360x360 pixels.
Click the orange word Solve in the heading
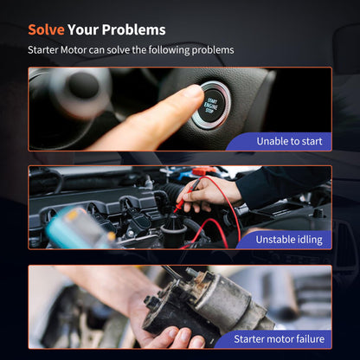(46, 29)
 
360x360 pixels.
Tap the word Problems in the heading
(133, 29)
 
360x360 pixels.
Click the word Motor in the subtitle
(74, 50)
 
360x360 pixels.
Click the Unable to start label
(289, 141)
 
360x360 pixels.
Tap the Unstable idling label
(289, 240)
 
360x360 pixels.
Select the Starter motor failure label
(279, 339)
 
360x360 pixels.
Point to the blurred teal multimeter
(78, 228)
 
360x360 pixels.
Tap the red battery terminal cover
(203, 170)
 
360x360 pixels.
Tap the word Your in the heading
(83, 29)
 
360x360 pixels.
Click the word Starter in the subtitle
(43, 50)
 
